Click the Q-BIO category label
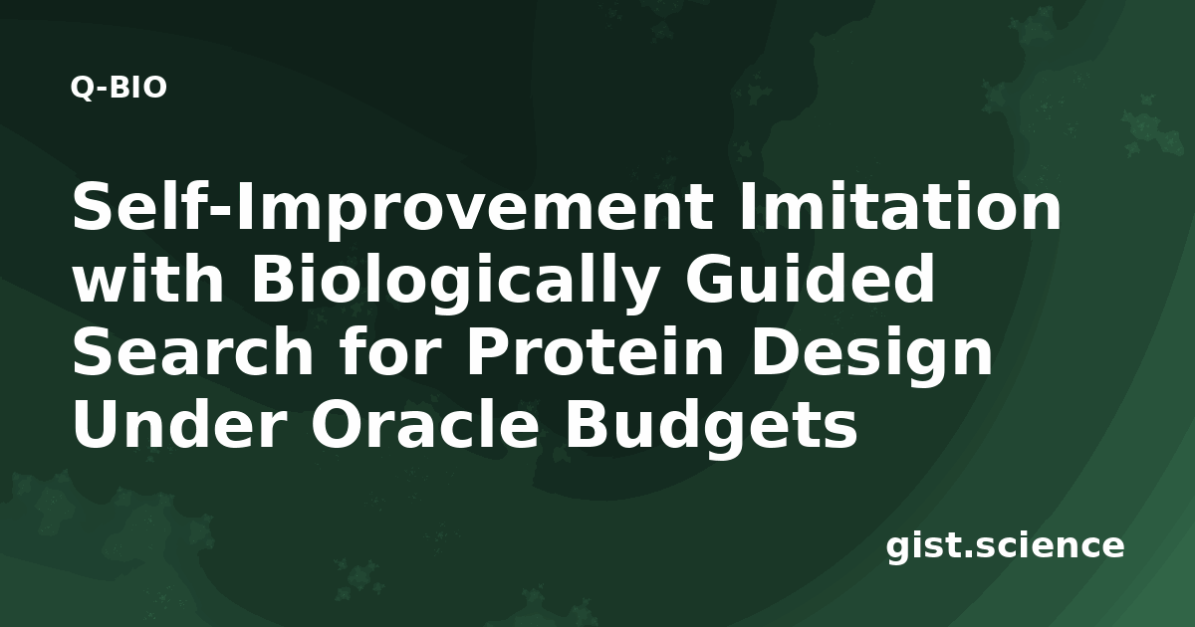(x=119, y=88)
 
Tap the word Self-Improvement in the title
(x=392, y=208)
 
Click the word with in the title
(x=148, y=278)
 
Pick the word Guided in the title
(x=810, y=278)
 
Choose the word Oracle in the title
(x=425, y=424)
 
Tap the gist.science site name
(x=1005, y=547)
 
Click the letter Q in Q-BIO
(x=82, y=88)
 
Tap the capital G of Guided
(x=711, y=278)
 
